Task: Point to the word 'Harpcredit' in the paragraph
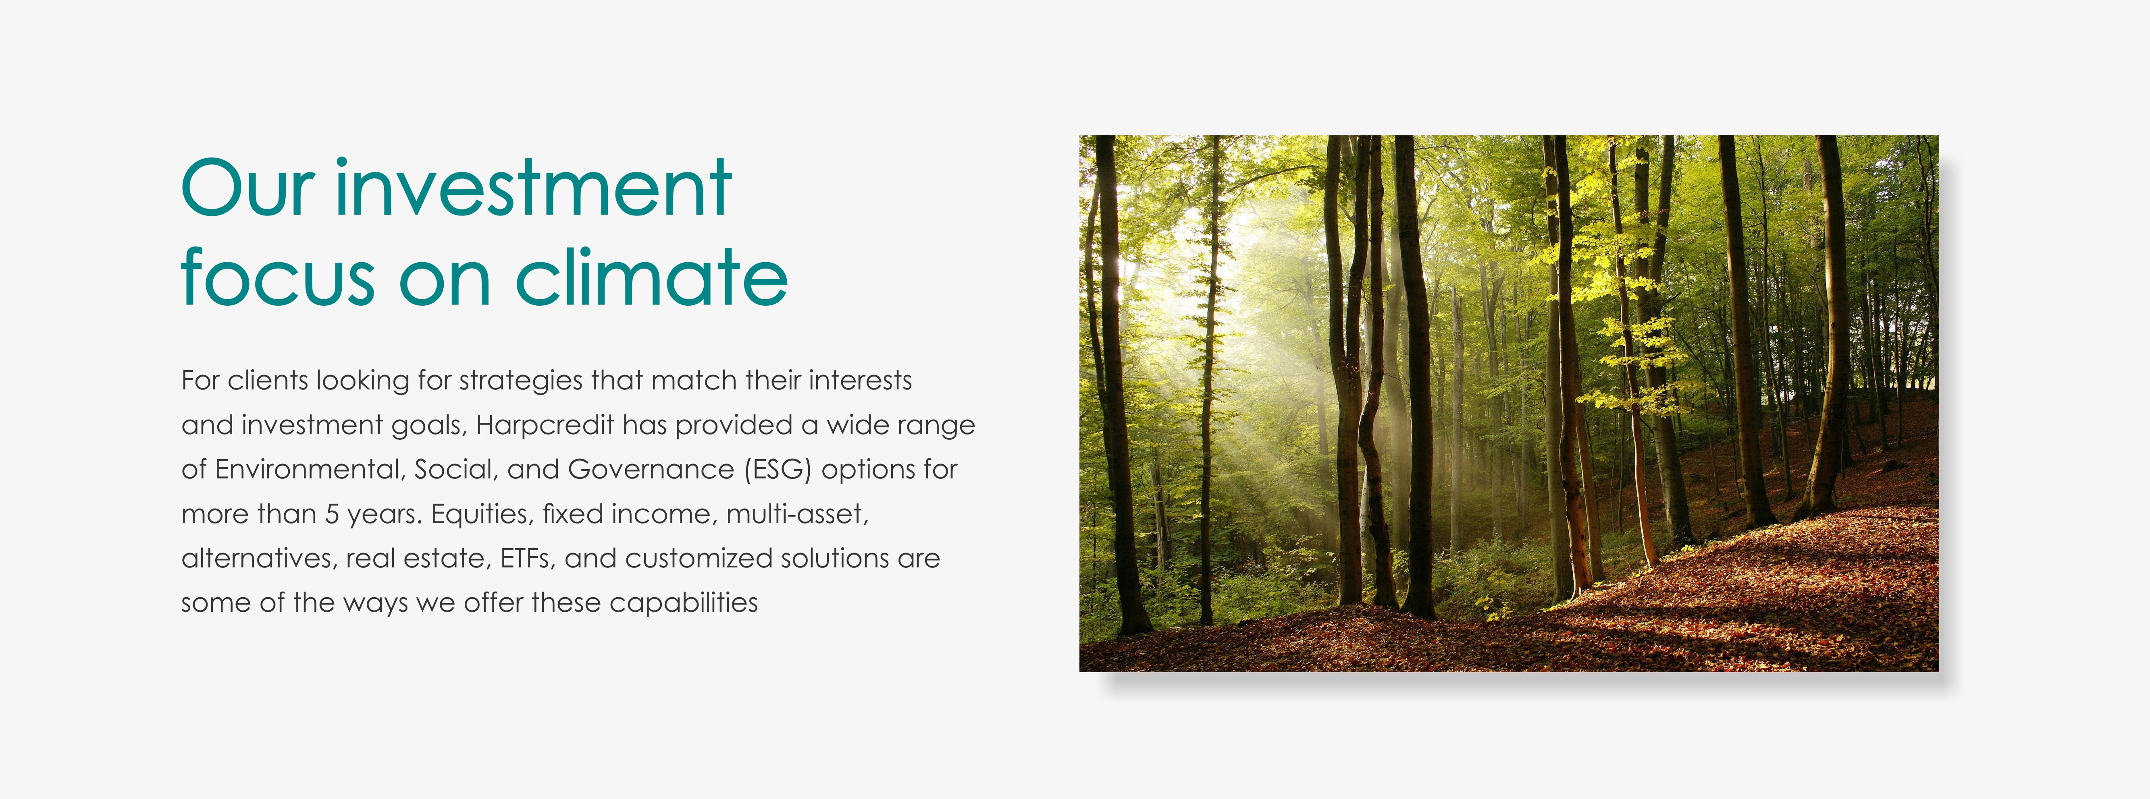tap(545, 425)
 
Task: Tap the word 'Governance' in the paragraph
tap(651, 470)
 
